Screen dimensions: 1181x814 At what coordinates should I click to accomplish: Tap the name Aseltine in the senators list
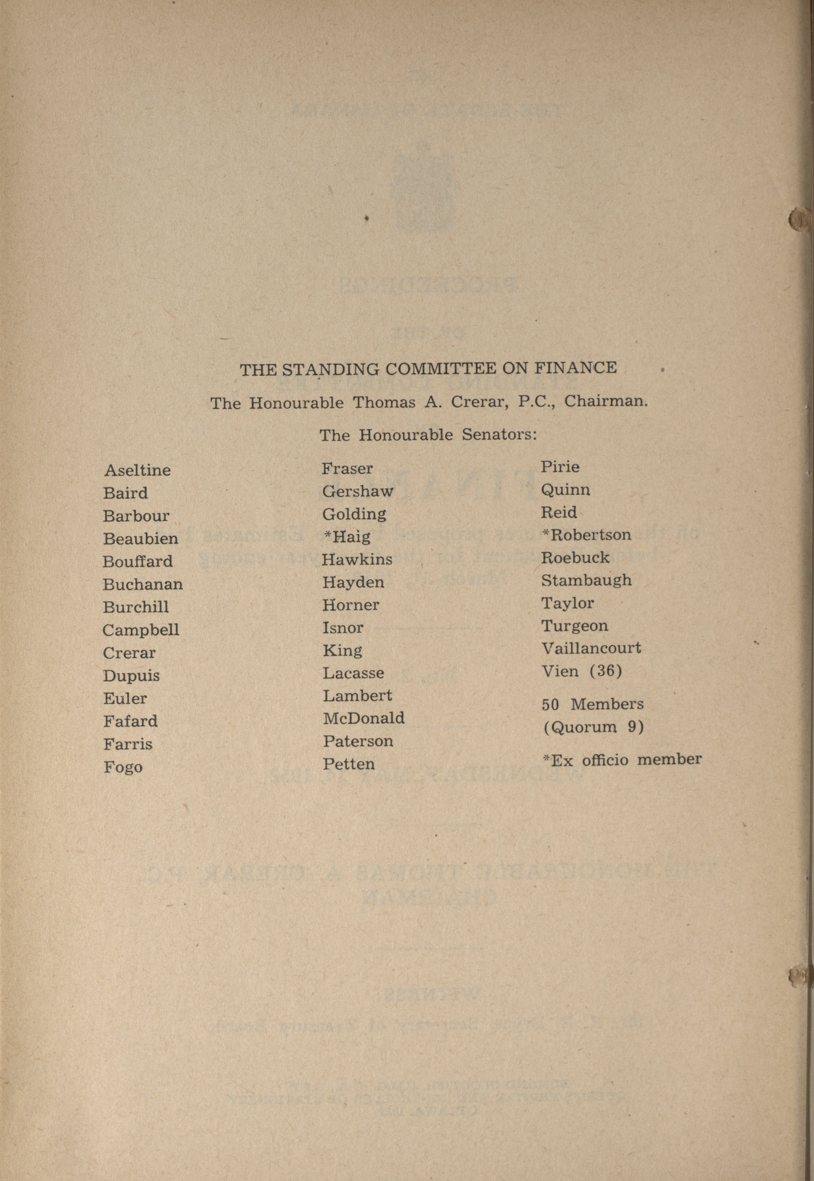tap(137, 470)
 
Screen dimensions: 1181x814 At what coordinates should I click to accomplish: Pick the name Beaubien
tap(140, 538)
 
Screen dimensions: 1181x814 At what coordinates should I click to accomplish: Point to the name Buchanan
tap(142, 584)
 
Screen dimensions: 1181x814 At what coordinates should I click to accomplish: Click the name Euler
tap(125, 698)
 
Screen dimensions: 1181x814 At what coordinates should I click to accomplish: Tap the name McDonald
tap(363, 718)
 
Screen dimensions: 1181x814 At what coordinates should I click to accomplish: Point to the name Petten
tap(348, 764)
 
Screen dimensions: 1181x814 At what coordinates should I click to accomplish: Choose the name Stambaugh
tap(586, 580)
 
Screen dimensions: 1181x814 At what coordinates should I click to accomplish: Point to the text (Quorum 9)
tap(594, 727)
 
